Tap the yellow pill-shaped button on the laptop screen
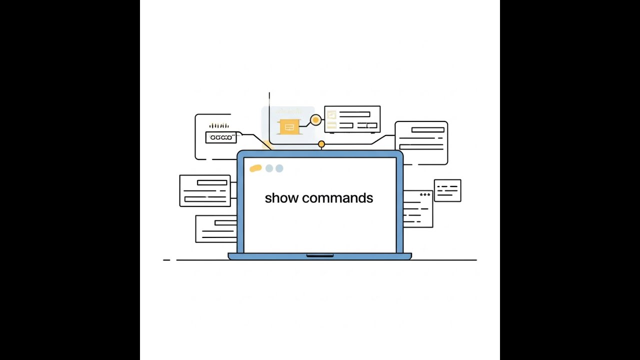(255, 168)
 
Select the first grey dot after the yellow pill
(269, 168)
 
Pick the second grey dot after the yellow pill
(279, 168)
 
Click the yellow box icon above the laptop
(288, 126)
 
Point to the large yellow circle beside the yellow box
(315, 120)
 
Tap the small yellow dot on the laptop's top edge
(321, 144)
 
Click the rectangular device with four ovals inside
(220, 137)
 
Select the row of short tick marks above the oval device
(219, 126)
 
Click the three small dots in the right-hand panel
(425, 194)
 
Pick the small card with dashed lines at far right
(447, 190)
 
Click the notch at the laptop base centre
(320, 255)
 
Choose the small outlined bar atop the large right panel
(428, 130)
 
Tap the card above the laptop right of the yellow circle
(352, 119)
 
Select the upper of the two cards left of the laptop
(205, 190)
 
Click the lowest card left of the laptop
(216, 229)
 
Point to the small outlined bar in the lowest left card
(225, 222)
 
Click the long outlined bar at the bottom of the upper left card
(205, 199)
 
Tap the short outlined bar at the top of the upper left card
(212, 182)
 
